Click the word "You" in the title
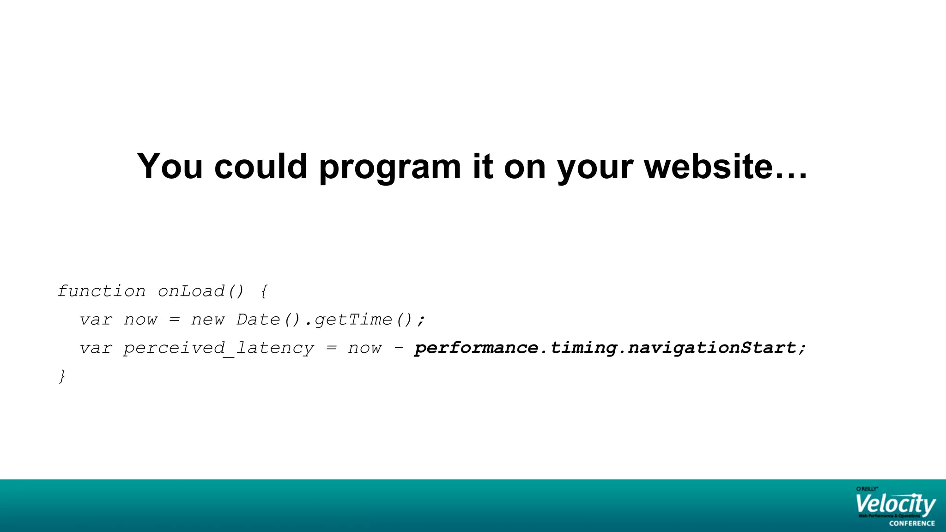click(x=170, y=166)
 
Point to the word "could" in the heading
click(x=261, y=166)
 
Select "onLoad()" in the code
click(x=200, y=291)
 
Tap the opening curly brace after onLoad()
click(x=264, y=291)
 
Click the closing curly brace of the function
click(x=62, y=376)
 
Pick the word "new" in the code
click(x=208, y=320)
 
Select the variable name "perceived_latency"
click(x=218, y=348)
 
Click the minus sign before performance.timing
click(x=398, y=348)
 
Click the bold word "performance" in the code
click(x=476, y=348)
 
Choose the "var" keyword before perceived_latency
click(x=96, y=348)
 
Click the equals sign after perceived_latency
click(x=331, y=348)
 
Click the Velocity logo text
click(x=895, y=505)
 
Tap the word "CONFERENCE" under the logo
click(x=912, y=523)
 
